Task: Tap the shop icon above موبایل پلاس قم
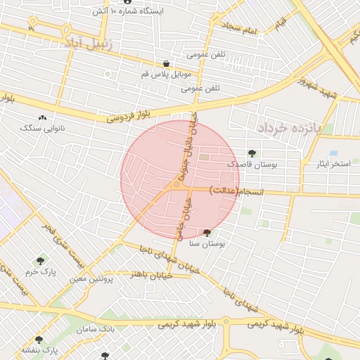(x=166, y=63)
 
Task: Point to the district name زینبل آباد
(x=89, y=43)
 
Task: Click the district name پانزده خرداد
(x=288, y=127)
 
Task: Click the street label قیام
(x=281, y=25)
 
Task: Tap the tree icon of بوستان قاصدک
(x=252, y=153)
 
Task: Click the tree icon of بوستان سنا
(x=207, y=233)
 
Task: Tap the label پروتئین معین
(x=91, y=279)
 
